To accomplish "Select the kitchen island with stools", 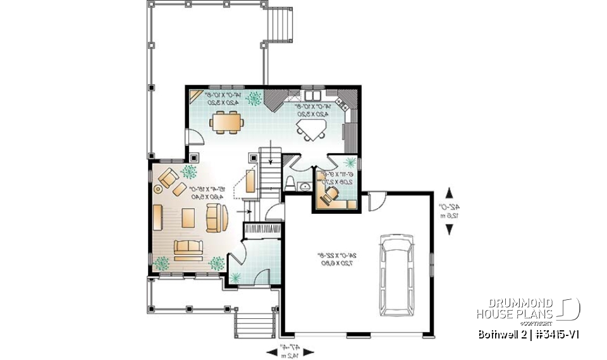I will click(x=311, y=130).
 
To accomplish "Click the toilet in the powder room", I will click(x=290, y=183).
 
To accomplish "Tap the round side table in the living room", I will click(x=158, y=187).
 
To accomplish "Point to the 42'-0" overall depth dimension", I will click(x=450, y=211).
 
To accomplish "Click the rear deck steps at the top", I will click(x=280, y=26).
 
